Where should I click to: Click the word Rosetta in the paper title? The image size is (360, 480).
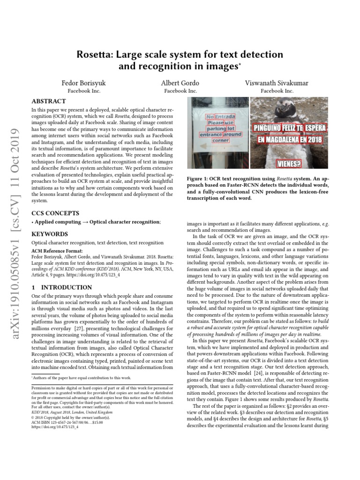(x=96, y=55)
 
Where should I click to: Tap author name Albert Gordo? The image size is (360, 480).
(x=180, y=83)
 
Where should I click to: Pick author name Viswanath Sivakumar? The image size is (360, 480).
(x=277, y=83)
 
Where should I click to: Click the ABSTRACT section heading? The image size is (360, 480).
(x=48, y=101)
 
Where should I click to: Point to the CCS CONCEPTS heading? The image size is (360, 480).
(x=55, y=213)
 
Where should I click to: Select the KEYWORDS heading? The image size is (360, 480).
(x=49, y=234)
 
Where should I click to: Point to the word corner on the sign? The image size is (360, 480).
(x=220, y=140)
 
